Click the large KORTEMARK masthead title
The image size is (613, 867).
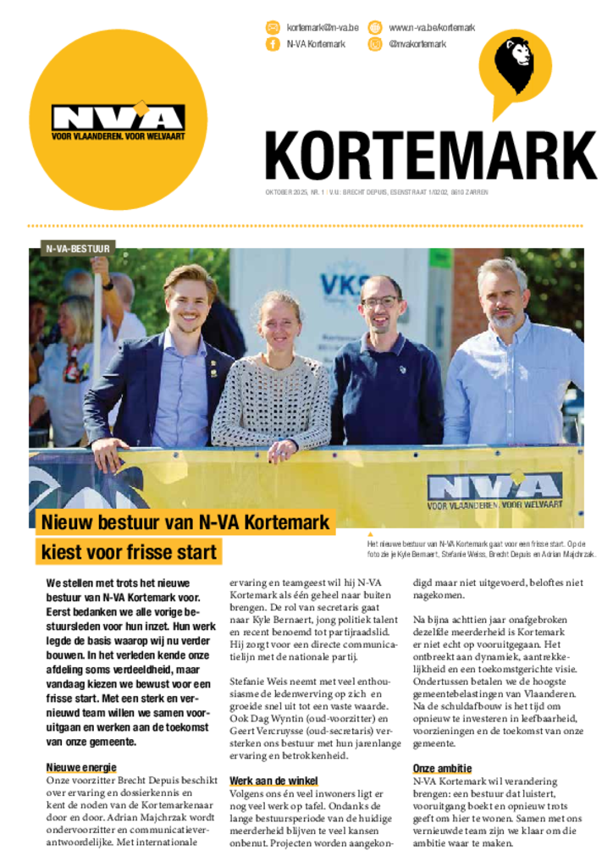pyautogui.click(x=430, y=157)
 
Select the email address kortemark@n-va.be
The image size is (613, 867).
pyautogui.click(x=323, y=28)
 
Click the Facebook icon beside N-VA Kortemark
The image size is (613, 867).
pyautogui.click(x=273, y=44)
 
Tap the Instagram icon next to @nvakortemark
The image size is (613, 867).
pyautogui.click(x=375, y=44)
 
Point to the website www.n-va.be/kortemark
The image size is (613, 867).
pyautogui.click(x=432, y=28)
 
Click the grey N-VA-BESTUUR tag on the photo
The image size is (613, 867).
pyautogui.click(x=72, y=249)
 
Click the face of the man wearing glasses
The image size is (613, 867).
pyautogui.click(x=380, y=303)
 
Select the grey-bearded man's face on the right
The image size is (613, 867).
pyautogui.click(x=502, y=292)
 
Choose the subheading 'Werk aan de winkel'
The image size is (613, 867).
pyautogui.click(x=273, y=780)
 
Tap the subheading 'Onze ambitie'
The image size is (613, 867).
pyautogui.click(x=442, y=768)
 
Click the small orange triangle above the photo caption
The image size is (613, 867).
pyautogui.click(x=370, y=533)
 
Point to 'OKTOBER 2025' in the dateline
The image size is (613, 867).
pyautogui.click(x=287, y=192)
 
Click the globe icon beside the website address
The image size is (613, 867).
pyautogui.click(x=375, y=28)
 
